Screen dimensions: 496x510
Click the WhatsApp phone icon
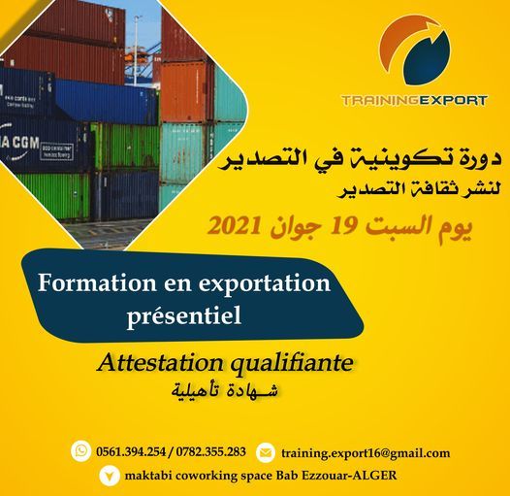pyautogui.click(x=81, y=451)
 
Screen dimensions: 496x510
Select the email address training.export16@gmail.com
pyautogui.click(x=366, y=453)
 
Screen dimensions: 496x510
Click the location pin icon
pyautogui.click(x=109, y=477)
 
